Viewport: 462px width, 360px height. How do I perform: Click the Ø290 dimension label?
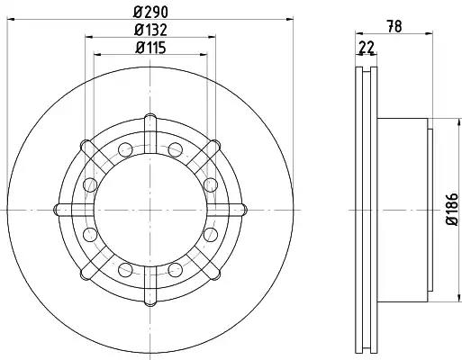(x=150, y=12)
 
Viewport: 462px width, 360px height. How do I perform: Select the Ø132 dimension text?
(x=150, y=30)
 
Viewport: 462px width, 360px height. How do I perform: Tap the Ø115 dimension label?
(x=150, y=48)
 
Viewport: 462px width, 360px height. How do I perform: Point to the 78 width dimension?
(x=394, y=26)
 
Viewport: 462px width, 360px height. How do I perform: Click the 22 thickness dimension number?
(x=367, y=48)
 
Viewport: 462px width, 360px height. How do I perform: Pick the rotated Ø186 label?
(x=452, y=209)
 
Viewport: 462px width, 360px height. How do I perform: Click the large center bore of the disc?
(x=150, y=210)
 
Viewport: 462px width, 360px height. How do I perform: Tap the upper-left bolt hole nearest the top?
(x=125, y=149)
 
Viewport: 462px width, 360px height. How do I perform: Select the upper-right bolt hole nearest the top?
(x=175, y=149)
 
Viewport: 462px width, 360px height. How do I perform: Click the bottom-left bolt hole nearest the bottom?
(x=125, y=270)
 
